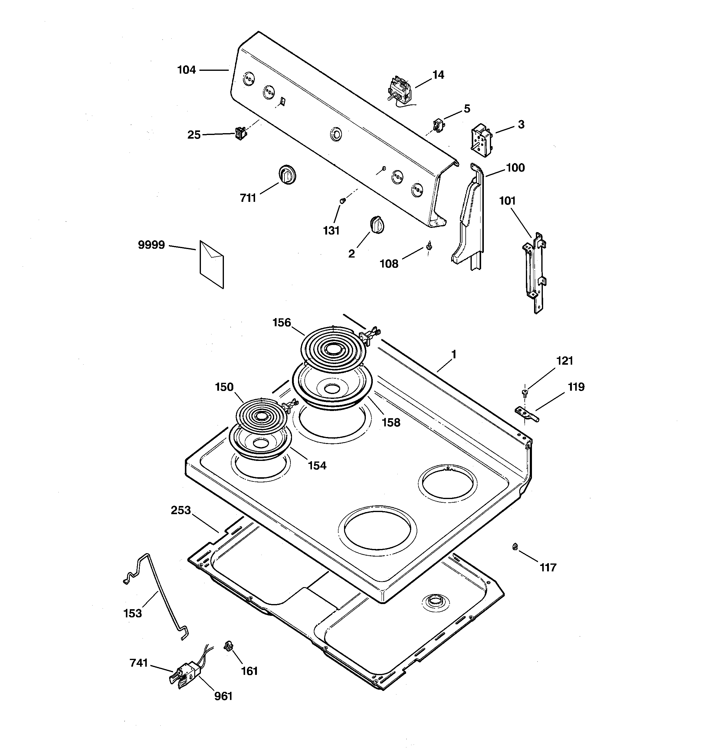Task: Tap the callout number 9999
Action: point(152,245)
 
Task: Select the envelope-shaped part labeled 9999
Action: point(212,264)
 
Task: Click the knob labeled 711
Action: point(287,174)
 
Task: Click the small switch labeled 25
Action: point(240,133)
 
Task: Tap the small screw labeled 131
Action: point(343,201)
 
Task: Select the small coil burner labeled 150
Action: point(261,415)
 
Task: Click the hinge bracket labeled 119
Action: point(527,414)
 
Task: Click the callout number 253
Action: point(181,510)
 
